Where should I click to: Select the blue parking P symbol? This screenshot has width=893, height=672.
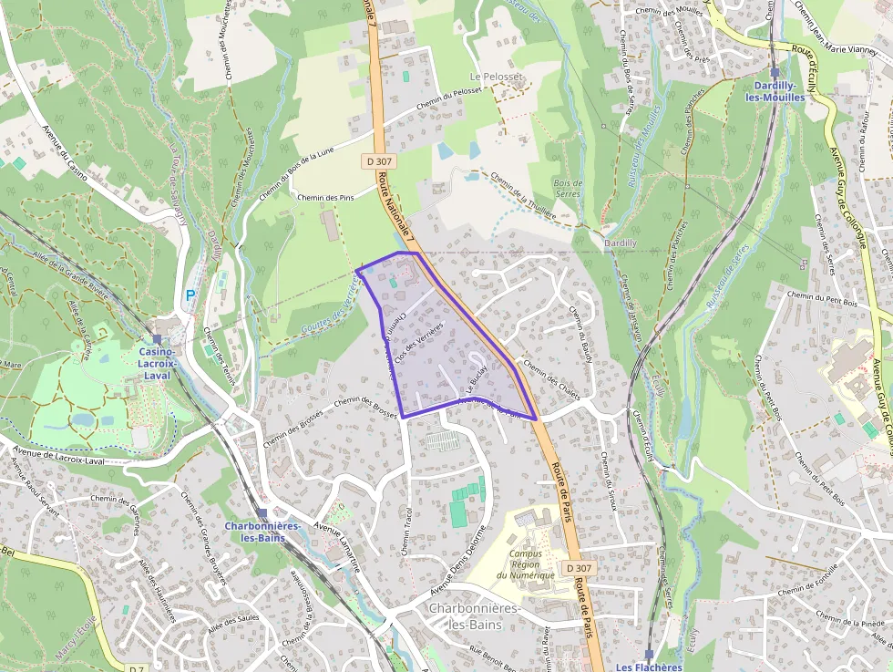[190, 295]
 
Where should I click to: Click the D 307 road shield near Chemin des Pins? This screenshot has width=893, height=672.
[380, 161]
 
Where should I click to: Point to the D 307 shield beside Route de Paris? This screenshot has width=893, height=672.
[579, 568]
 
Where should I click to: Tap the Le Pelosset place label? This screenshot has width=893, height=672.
[498, 77]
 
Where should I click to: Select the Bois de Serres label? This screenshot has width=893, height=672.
[568, 189]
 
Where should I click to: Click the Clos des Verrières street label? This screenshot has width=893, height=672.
[418, 345]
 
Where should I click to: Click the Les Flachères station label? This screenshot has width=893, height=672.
[649, 667]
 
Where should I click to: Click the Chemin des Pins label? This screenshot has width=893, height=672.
[325, 198]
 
